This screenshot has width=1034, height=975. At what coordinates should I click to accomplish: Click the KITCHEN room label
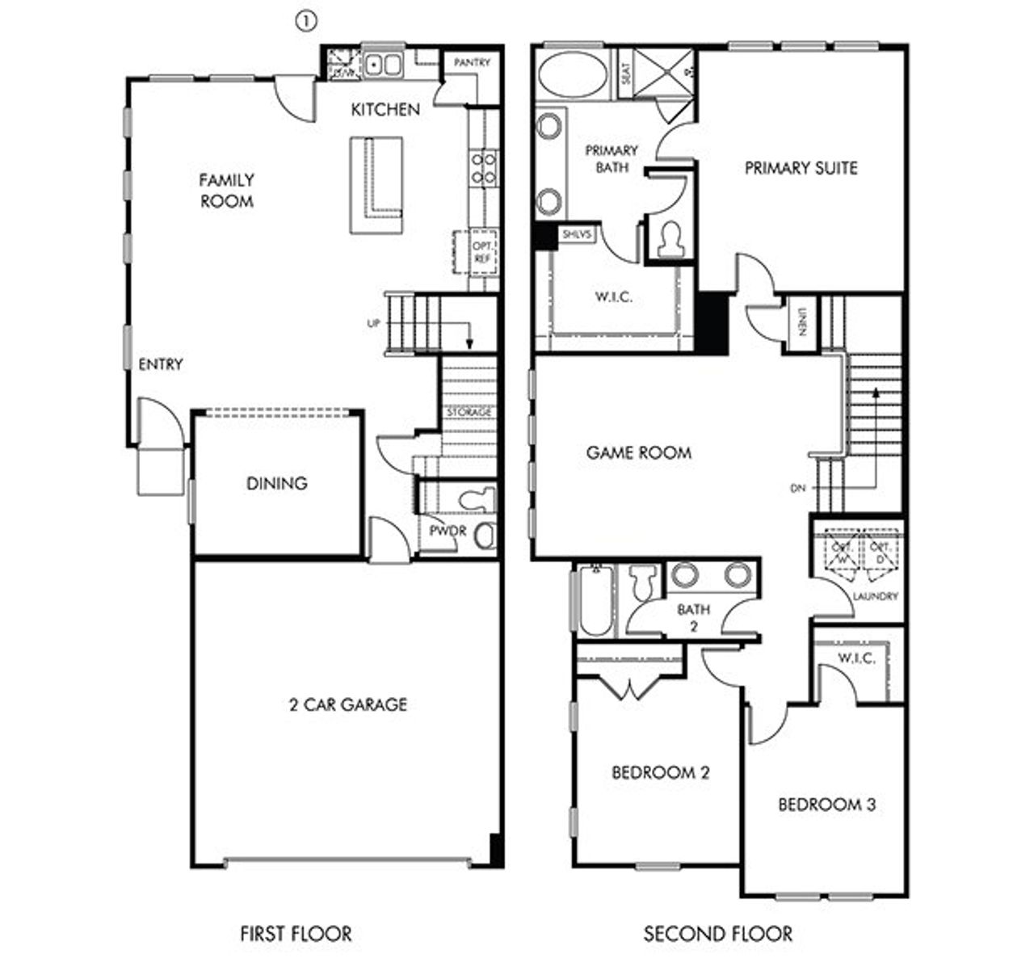[x=385, y=109]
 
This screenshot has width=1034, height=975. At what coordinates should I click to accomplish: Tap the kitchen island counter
[x=376, y=185]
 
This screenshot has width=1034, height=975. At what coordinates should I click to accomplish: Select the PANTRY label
[x=472, y=62]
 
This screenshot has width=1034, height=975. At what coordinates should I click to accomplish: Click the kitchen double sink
[x=383, y=65]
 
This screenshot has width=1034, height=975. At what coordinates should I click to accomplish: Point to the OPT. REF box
[x=482, y=251]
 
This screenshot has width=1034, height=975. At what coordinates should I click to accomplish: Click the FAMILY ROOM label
[x=226, y=190]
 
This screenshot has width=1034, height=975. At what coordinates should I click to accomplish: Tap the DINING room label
[x=276, y=483]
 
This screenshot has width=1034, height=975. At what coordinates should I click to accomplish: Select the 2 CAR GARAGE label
[x=347, y=704]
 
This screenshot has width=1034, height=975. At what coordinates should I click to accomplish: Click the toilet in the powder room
[x=477, y=498]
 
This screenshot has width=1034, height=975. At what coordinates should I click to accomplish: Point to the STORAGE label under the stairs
[x=469, y=412]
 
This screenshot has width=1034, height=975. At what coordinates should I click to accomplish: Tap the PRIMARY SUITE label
[x=801, y=168]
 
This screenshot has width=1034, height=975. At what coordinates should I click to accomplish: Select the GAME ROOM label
[x=638, y=452]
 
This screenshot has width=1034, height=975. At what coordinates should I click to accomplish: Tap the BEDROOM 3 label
[x=826, y=805]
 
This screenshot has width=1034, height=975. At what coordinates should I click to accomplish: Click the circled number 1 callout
[x=305, y=23]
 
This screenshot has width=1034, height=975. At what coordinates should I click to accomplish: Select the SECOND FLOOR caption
[x=717, y=934]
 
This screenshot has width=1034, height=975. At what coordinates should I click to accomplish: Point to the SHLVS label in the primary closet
[x=577, y=234]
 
